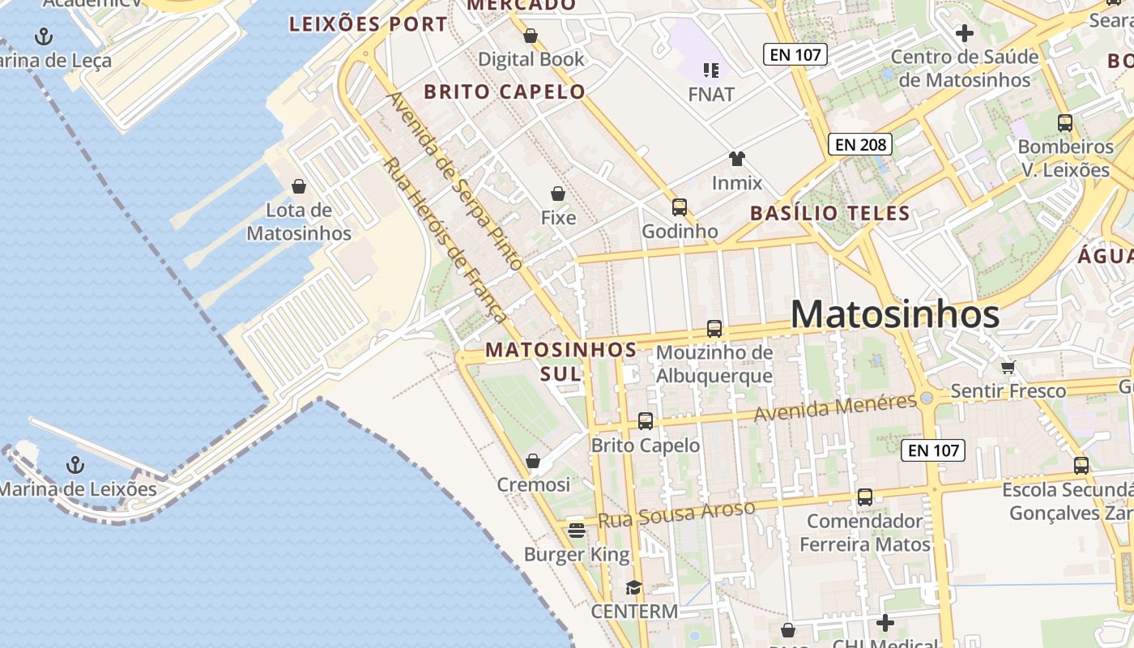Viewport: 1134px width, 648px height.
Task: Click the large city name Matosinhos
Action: click(895, 314)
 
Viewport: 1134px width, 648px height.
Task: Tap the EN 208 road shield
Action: click(860, 145)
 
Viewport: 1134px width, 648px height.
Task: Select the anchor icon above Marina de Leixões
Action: click(75, 465)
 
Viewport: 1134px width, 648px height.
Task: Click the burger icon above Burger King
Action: click(577, 531)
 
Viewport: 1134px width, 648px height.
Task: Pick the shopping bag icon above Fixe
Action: click(558, 194)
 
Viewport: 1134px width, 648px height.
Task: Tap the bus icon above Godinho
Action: click(680, 207)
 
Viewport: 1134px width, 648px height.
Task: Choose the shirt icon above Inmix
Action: click(736, 158)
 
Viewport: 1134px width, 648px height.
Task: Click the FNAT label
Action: click(711, 95)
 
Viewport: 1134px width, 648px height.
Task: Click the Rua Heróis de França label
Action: click(445, 241)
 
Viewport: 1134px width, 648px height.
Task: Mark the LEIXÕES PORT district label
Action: click(368, 24)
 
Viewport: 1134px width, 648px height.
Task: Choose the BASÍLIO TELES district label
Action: click(830, 214)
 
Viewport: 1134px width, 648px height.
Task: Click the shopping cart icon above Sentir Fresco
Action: click(1008, 367)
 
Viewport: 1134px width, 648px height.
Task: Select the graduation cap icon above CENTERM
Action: click(633, 587)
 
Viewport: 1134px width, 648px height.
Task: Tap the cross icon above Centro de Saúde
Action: click(964, 33)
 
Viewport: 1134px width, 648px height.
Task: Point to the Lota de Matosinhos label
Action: click(299, 222)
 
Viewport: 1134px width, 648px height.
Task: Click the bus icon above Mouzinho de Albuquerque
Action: click(714, 329)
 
